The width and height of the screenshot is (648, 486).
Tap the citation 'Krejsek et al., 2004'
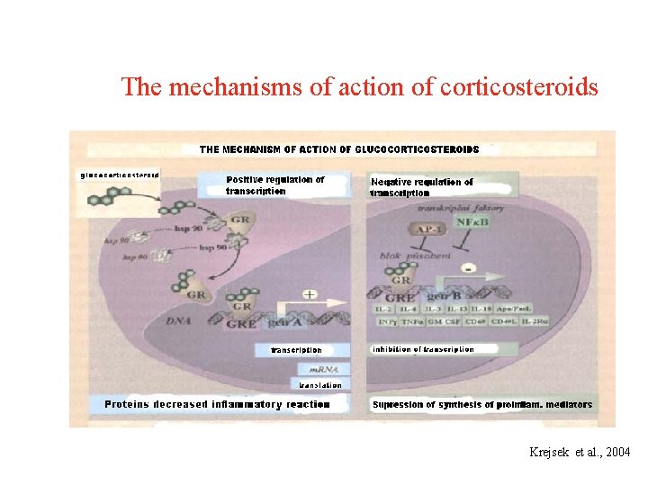[x=580, y=452]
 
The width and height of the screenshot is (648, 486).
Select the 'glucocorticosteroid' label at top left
[x=120, y=175]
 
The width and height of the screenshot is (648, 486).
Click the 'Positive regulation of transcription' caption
[x=274, y=185]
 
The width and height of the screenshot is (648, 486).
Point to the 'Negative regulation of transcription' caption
[x=421, y=187]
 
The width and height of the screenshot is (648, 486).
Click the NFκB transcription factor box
[x=472, y=221]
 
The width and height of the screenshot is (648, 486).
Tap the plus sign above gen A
[x=310, y=295]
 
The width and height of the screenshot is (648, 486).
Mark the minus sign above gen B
[x=468, y=267]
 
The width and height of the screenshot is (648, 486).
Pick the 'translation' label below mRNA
[x=319, y=385]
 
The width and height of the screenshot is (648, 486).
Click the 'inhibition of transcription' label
[x=422, y=349]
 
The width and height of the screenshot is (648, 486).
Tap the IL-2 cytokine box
[x=383, y=309]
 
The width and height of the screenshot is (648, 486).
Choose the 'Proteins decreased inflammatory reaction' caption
[x=217, y=405]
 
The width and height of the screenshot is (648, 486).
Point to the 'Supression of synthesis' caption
[x=482, y=405]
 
